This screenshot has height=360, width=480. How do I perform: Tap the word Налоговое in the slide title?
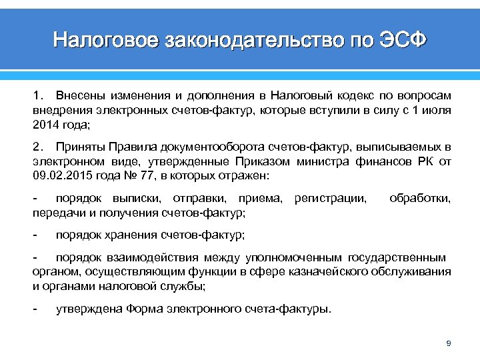pos(105,41)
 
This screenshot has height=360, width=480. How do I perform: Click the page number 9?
pos(449,343)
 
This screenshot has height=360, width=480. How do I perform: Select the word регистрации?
pos(330,198)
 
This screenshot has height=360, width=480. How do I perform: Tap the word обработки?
pos(420,198)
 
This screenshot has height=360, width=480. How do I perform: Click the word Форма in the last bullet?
pos(148,309)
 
